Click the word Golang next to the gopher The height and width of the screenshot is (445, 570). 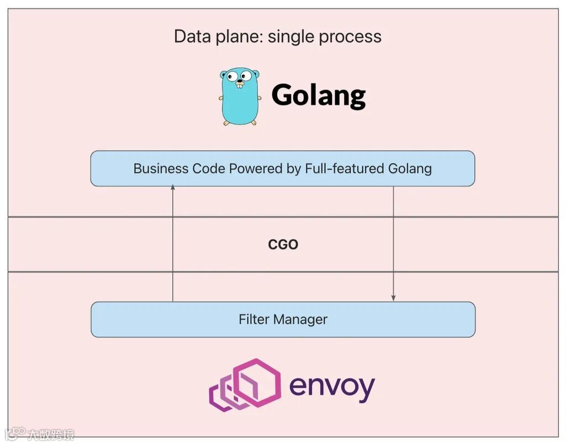coord(318,96)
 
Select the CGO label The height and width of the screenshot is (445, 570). coord(283,245)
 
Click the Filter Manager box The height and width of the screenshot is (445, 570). coord(283,319)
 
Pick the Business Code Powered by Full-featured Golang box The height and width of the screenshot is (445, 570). coord(282,168)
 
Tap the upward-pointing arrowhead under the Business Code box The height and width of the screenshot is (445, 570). coord(173,188)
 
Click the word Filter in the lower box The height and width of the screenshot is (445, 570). coord(254,319)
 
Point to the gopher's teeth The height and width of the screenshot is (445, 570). coord(239,86)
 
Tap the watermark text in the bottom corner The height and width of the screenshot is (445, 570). coord(50,435)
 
